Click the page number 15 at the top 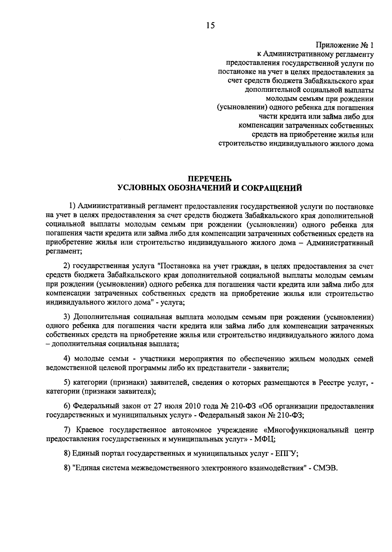coord(211,26)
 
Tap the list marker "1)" coord(72,207)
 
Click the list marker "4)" coord(67,359)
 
